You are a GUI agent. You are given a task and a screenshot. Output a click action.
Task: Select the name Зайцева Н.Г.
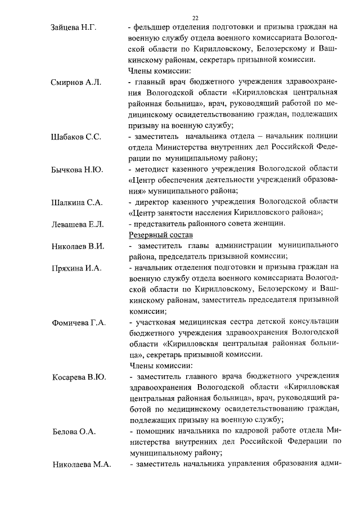pos(74,28)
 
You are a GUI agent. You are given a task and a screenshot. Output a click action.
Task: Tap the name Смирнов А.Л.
pos(76,83)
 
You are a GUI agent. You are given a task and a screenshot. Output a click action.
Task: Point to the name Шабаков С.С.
pos(76,138)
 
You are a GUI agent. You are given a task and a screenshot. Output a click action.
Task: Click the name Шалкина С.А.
pos(76,202)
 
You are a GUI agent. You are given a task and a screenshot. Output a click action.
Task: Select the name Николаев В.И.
pos(78,246)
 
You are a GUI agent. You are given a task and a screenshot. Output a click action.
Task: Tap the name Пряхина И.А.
pos(76,268)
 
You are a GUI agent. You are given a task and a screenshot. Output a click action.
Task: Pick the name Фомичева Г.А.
pos(79,323)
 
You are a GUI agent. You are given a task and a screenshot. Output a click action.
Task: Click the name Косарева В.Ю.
pos(79,377)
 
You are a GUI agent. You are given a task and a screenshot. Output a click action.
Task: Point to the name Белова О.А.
pos(74,432)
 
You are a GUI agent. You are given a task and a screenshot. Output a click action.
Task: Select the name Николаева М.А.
pos(82,465)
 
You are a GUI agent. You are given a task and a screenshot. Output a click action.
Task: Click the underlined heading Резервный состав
pos(160,235)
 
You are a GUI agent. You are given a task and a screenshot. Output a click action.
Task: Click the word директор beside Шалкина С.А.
pos(152,202)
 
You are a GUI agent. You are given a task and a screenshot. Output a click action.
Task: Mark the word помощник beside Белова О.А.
pos(154,431)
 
